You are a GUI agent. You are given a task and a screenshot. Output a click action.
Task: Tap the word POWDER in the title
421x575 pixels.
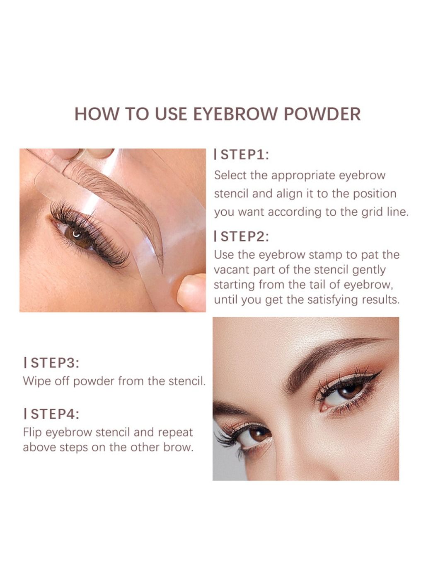322,114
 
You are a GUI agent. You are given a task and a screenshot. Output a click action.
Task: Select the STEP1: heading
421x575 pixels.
242,155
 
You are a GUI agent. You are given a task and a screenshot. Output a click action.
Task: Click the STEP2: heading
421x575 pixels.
242,236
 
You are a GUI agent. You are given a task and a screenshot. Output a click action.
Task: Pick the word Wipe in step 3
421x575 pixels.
35,381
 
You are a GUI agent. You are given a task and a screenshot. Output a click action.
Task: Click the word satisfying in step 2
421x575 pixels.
332,300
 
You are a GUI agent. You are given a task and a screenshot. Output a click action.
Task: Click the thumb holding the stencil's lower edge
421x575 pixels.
192,292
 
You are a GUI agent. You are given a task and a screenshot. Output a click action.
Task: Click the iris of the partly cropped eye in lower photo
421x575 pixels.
259,434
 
